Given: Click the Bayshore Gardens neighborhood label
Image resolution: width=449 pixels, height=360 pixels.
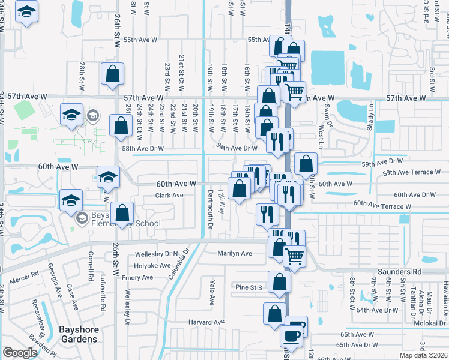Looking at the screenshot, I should [x=78, y=334].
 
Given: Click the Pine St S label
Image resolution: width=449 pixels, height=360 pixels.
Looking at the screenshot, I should [x=250, y=287].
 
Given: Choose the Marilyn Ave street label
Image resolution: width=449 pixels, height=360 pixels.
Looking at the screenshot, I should [x=235, y=253].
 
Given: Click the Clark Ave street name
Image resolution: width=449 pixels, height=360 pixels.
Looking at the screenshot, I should [x=169, y=196].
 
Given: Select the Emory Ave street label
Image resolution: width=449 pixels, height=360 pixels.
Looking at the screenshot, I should [x=137, y=278].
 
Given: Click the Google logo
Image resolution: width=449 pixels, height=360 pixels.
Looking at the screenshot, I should [x=20, y=352].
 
